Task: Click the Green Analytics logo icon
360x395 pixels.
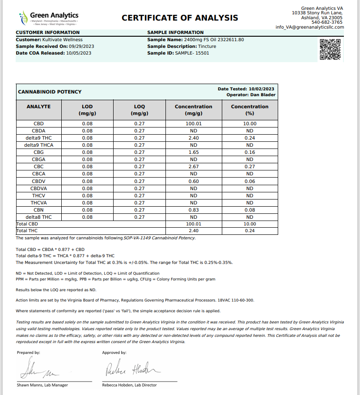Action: [x=22, y=18]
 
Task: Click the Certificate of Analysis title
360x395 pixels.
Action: [x=180, y=18]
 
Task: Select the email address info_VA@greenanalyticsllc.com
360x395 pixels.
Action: [x=309, y=27]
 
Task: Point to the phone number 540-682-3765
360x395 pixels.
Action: [x=327, y=22]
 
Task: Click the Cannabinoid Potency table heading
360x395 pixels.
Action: [x=50, y=92]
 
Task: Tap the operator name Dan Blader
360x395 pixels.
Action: [x=263, y=95]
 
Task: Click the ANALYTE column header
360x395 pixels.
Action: [x=38, y=106]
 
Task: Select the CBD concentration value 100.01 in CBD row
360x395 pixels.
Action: [x=194, y=123]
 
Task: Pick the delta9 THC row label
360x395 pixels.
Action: [x=38, y=138]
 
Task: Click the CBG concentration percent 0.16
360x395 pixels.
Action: [x=250, y=152]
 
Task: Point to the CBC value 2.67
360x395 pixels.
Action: [x=194, y=166]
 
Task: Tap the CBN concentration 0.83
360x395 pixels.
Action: [x=194, y=210]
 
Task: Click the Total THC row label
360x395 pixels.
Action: [x=27, y=231]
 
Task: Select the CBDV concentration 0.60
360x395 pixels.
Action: [x=194, y=181]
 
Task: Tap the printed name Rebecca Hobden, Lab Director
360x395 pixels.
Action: [x=129, y=385]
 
